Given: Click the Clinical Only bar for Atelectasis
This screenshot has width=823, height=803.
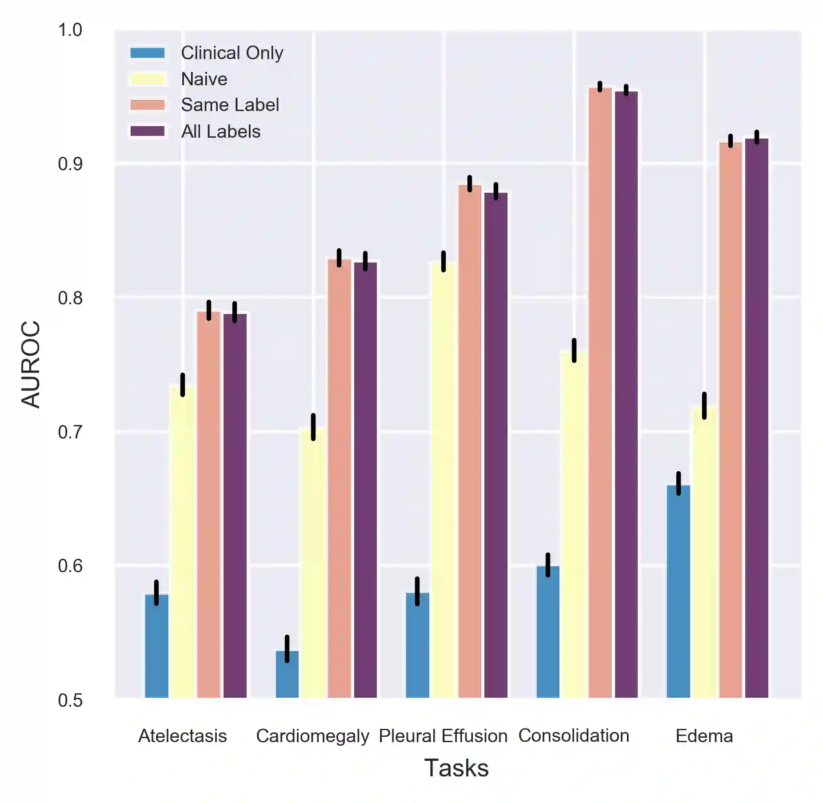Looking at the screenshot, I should [x=156, y=646].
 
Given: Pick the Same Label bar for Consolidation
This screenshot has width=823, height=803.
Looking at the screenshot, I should [x=600, y=393].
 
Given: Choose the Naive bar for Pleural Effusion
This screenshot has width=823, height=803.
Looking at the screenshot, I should [x=443, y=480].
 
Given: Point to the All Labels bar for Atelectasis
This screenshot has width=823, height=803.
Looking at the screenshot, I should [x=235, y=506].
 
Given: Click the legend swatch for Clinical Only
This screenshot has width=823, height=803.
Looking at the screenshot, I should [x=148, y=53].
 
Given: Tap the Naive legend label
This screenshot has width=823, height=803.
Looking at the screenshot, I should [x=204, y=79].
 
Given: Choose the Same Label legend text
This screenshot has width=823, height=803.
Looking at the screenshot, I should [x=230, y=105].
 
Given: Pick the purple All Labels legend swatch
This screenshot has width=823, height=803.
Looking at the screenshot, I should [x=148, y=131].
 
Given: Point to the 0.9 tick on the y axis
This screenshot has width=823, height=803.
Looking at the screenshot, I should [x=70, y=164].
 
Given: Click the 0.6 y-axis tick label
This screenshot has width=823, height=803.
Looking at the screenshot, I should [x=70, y=566].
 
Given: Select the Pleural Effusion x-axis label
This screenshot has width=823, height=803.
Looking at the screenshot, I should [x=443, y=736].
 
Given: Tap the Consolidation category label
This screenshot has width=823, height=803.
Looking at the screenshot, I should [x=574, y=735].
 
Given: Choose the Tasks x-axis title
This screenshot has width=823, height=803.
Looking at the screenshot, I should [x=456, y=768].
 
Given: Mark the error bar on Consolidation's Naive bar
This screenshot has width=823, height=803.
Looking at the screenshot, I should [x=574, y=350].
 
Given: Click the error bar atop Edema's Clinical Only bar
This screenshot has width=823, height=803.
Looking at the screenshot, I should [x=678, y=483].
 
